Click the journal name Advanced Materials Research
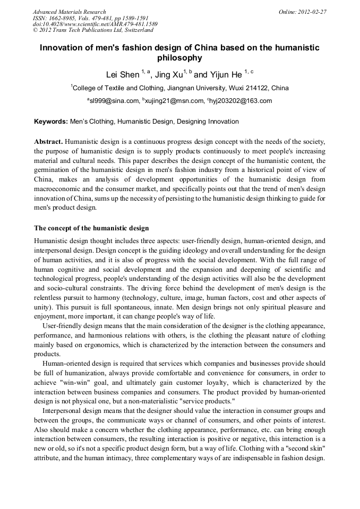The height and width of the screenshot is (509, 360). coord(69,12)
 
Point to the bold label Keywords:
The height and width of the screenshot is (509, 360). coord(51,122)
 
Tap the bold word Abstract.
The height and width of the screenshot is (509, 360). coord(48,142)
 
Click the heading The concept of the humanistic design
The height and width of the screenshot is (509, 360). coord(91,229)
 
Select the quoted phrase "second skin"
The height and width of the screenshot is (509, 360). coord(304,448)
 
